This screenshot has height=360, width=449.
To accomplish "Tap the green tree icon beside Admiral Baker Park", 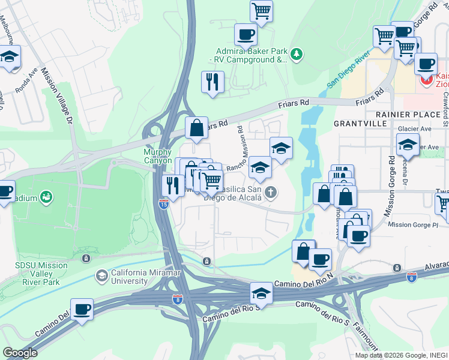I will (x=297, y=55).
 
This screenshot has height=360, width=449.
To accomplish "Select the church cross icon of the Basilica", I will (x=271, y=193).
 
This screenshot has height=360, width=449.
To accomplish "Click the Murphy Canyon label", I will (x=157, y=156).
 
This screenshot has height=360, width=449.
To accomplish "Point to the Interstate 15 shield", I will (x=164, y=204).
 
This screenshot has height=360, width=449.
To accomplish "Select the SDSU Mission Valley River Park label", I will (x=41, y=269).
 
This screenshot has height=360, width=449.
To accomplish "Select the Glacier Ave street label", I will (x=415, y=128).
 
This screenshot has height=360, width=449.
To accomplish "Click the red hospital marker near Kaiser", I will (x=427, y=79).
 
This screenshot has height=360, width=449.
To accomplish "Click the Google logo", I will (x=20, y=353).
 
